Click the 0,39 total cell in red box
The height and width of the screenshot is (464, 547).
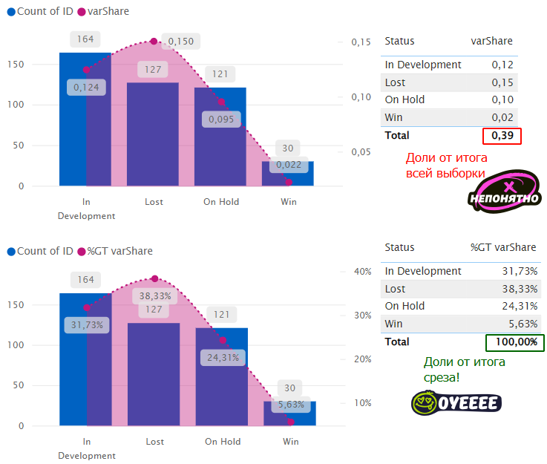coord(502,136)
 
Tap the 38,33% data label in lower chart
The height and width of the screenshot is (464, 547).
coord(156,295)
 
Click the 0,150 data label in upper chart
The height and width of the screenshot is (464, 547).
coord(180,41)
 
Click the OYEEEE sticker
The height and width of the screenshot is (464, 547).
coord(456,402)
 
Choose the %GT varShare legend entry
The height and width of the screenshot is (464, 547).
coord(119,251)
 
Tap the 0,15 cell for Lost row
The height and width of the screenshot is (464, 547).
coord(502,82)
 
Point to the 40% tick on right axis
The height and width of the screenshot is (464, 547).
coord(363,272)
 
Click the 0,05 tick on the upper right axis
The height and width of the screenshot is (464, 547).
coord(361,152)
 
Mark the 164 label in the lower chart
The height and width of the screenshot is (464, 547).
coord(85,280)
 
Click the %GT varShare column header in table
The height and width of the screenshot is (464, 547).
coord(502,247)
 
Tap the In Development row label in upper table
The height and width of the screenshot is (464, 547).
coord(423,65)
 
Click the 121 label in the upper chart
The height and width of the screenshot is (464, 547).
coord(220,74)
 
